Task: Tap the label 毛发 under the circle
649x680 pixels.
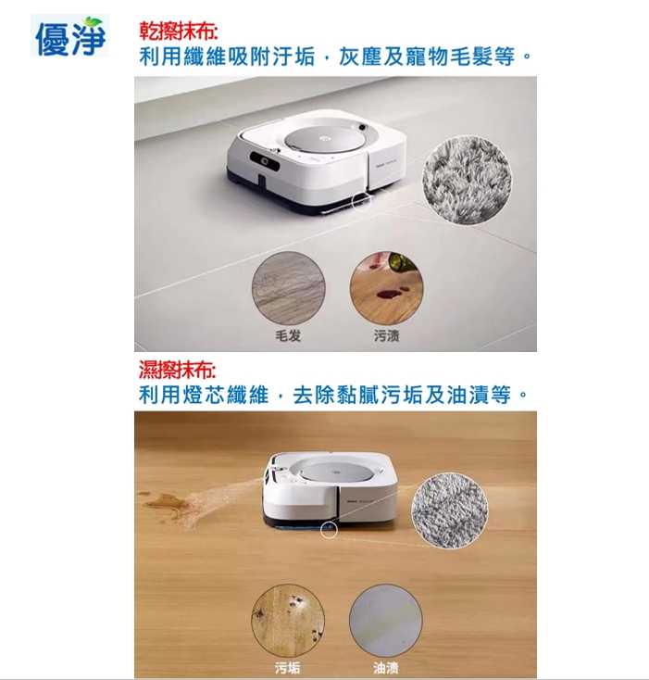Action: (x=288, y=335)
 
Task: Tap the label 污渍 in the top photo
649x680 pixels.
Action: (x=386, y=335)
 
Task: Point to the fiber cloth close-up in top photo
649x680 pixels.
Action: (x=467, y=180)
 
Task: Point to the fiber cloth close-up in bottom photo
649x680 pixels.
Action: (x=450, y=510)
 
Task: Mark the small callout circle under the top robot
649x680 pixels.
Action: (x=361, y=200)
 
